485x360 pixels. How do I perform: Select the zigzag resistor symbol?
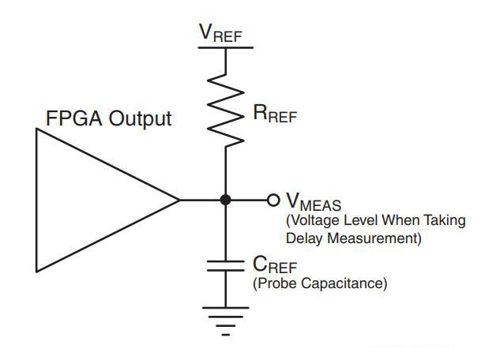(x=225, y=111)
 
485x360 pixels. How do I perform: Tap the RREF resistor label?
(x=276, y=114)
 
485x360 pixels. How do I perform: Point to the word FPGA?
(x=76, y=119)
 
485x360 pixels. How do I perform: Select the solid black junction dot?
(x=225, y=200)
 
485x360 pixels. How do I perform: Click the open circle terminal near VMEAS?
(x=273, y=200)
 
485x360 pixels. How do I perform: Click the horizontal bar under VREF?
(x=225, y=47)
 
